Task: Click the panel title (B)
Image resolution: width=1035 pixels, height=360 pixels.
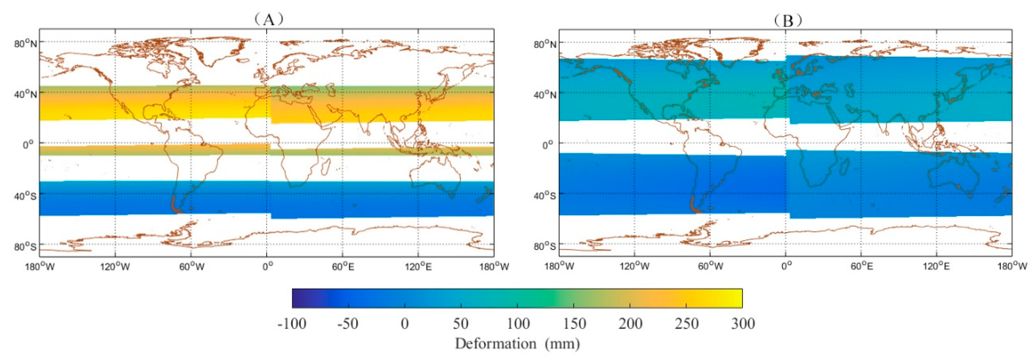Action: pos(788,20)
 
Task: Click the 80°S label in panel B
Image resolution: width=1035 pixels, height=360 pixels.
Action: pos(545,246)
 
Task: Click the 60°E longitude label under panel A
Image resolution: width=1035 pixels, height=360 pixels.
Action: pos(343,266)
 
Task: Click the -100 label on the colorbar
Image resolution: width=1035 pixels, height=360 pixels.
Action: pos(292,323)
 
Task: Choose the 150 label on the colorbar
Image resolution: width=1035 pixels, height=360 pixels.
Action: pos(574,323)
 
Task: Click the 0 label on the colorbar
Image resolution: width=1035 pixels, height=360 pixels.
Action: pos(404,323)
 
